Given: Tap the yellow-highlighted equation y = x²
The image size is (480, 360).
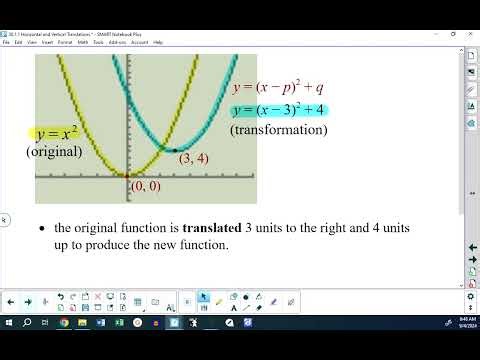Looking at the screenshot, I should pyautogui.click(x=56, y=134).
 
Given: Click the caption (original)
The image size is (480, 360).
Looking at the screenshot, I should pyautogui.click(x=55, y=152).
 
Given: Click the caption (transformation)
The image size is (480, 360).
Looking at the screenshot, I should pyautogui.click(x=278, y=130).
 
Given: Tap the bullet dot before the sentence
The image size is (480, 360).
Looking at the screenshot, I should pyautogui.click(x=41, y=229).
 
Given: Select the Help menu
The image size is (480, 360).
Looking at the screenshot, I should pyautogui.click(x=158, y=42).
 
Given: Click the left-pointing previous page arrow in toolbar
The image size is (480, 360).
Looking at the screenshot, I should pyautogui.click(x=10, y=300).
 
